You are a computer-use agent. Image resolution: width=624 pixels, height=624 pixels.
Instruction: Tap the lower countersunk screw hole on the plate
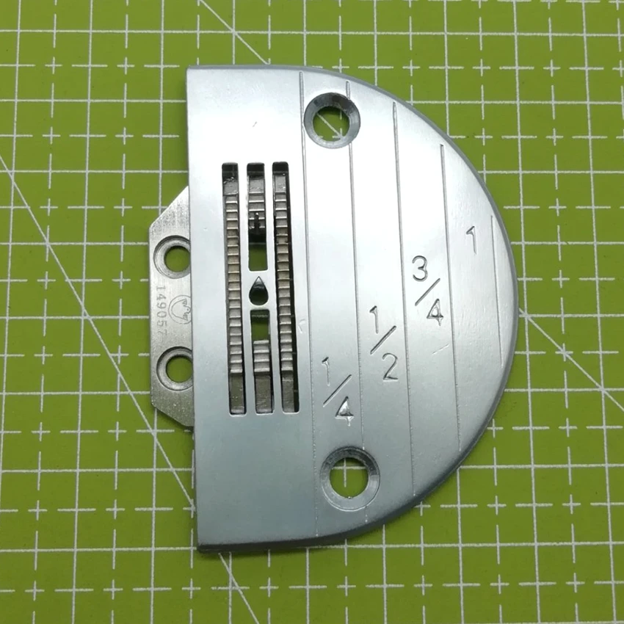[349, 469]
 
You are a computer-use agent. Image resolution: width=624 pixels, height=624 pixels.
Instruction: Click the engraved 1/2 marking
[383, 343]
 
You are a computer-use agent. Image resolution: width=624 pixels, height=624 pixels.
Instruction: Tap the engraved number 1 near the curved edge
[471, 240]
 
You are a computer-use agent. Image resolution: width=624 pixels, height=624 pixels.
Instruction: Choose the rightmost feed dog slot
[284, 286]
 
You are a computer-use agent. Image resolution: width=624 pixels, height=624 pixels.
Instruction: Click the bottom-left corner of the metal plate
[200, 546]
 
